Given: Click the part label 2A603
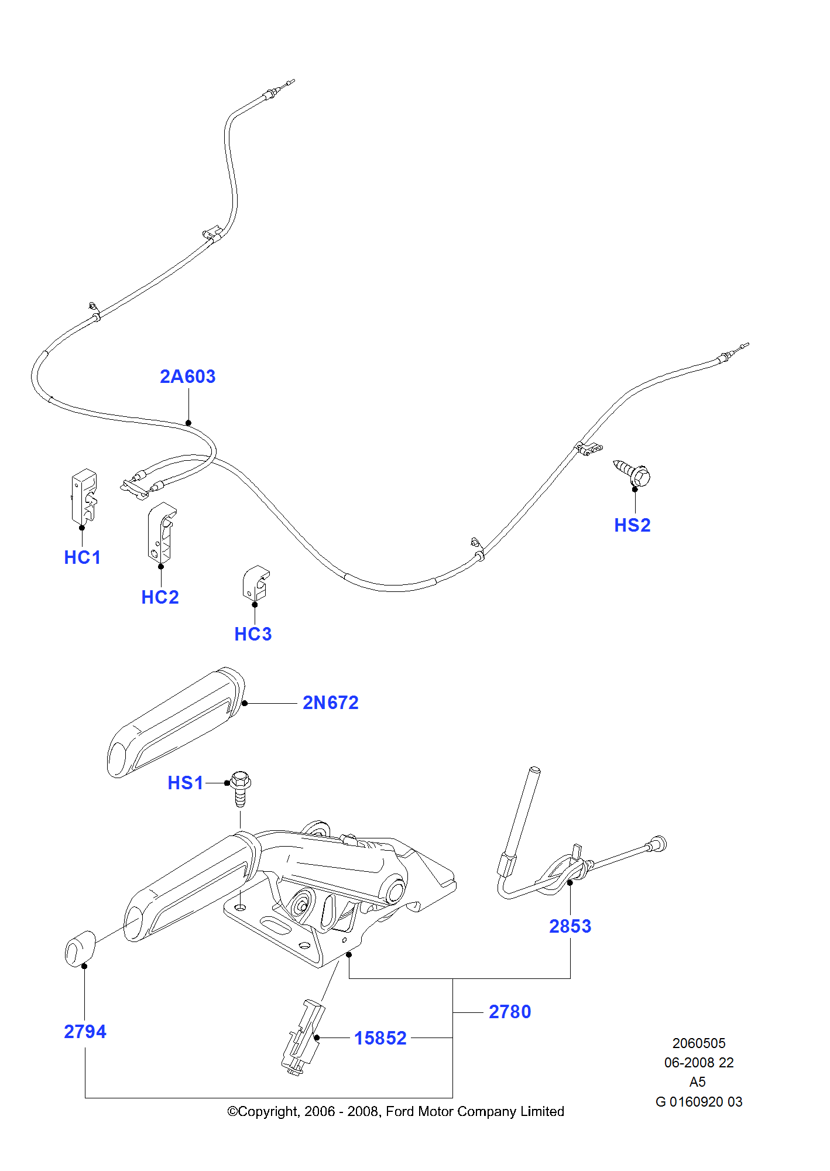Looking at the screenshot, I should point(187,376).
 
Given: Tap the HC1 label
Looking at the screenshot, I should point(83,557).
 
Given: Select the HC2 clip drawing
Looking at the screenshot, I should point(160,532).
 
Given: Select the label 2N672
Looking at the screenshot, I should point(330,703).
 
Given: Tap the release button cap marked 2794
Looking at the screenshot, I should point(80,949).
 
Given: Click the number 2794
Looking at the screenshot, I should point(85,1032).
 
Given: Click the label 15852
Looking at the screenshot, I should point(380,1038).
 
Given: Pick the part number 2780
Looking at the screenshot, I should point(510,1012).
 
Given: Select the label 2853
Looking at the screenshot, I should point(570,926).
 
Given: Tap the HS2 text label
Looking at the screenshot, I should point(632,525).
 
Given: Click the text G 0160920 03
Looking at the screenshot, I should point(698,1102).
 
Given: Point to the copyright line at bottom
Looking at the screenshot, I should point(395,1111).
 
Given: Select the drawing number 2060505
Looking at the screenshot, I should point(698,1043).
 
